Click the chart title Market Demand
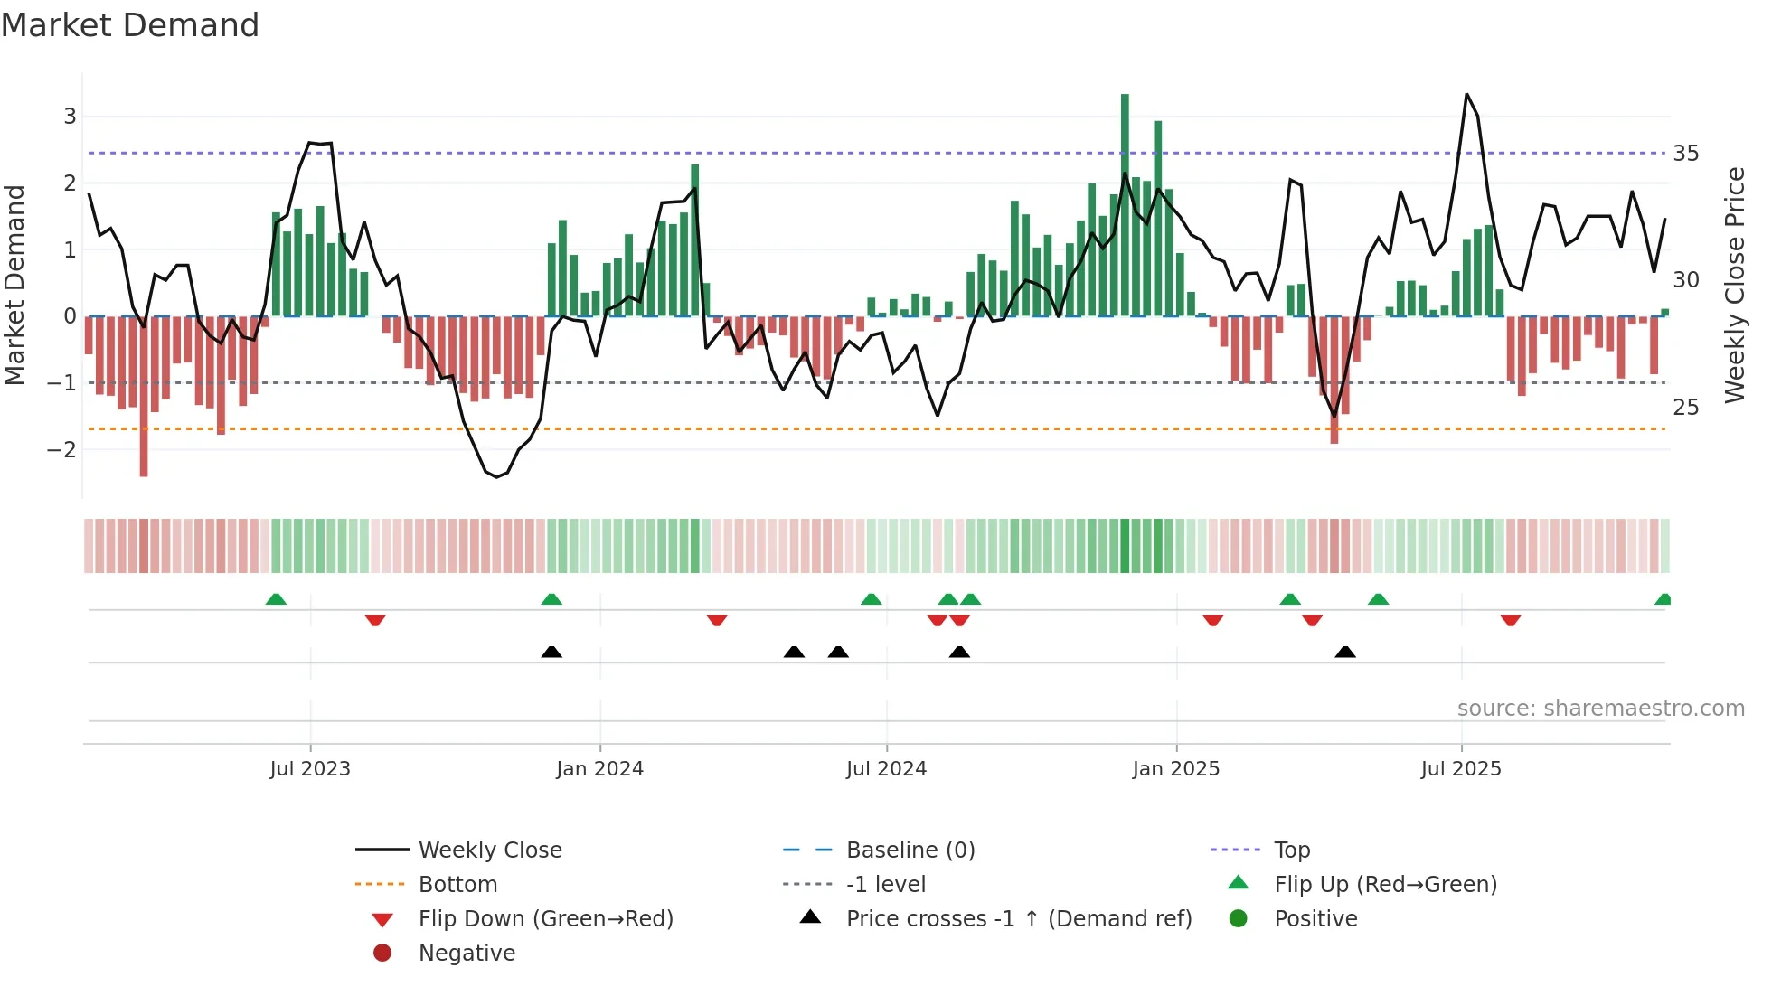point(130,24)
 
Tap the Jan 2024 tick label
point(599,769)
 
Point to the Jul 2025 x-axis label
point(1460,769)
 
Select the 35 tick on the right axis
point(1685,154)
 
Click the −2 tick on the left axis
point(61,449)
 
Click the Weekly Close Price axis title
point(1734,285)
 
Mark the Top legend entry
point(1292,850)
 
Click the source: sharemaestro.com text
point(1600,709)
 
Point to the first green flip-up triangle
point(276,599)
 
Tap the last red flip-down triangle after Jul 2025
point(1510,620)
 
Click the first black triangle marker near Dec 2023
point(551,652)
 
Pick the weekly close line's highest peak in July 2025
point(1466,95)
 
